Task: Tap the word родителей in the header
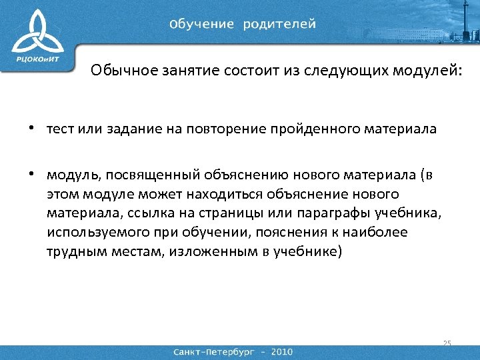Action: click(x=279, y=25)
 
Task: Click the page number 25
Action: click(x=447, y=343)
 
